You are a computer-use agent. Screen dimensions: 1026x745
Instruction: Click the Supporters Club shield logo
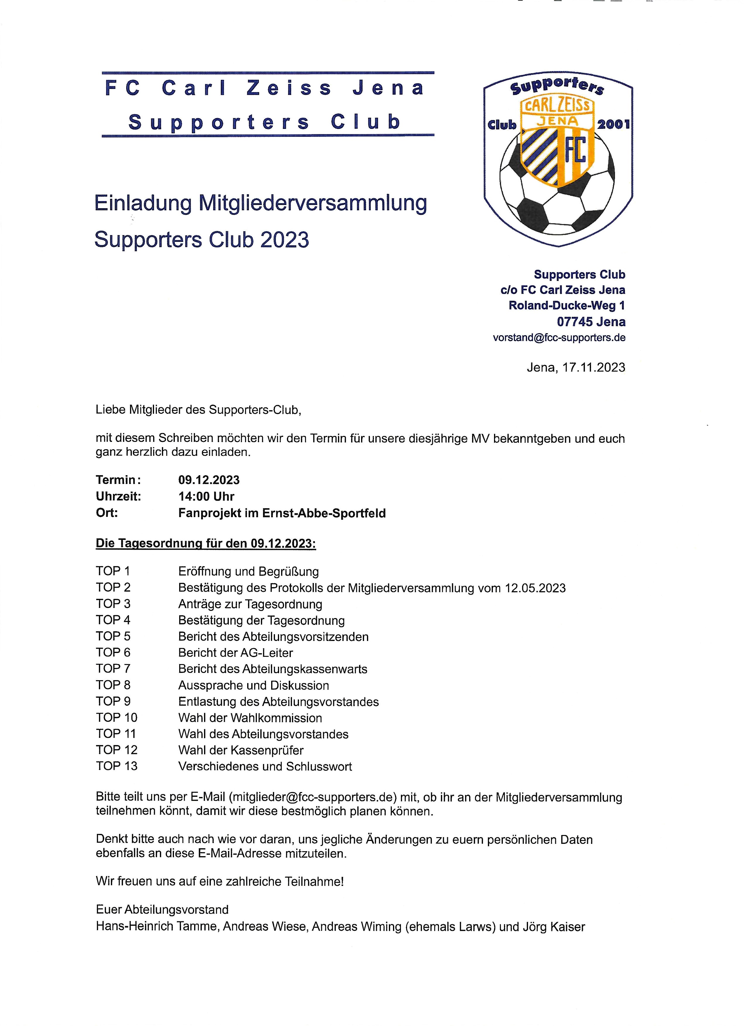558,158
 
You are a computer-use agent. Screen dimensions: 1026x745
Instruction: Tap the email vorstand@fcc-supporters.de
559,338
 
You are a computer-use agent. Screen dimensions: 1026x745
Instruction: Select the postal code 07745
575,322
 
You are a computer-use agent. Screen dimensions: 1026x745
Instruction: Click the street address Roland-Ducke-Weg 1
567,305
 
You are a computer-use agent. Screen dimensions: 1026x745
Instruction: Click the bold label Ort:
107,513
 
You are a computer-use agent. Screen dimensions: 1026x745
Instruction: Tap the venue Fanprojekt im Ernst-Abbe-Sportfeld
282,513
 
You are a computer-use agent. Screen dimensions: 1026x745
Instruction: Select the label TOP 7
113,668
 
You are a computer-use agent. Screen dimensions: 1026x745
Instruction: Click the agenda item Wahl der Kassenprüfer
241,750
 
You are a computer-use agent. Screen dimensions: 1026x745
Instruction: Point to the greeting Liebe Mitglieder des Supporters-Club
198,410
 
